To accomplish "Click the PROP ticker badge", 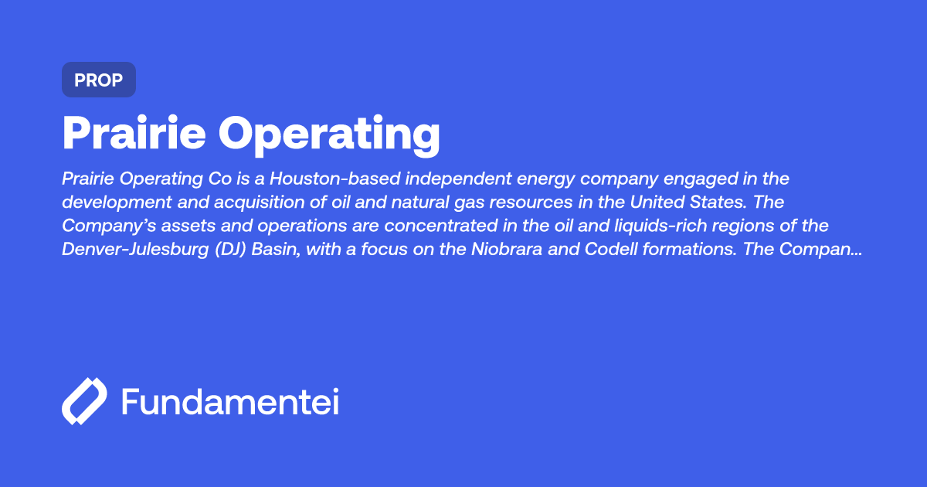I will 99,80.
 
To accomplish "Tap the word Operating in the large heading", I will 330,135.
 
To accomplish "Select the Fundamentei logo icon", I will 84,402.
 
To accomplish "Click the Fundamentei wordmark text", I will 230,402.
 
